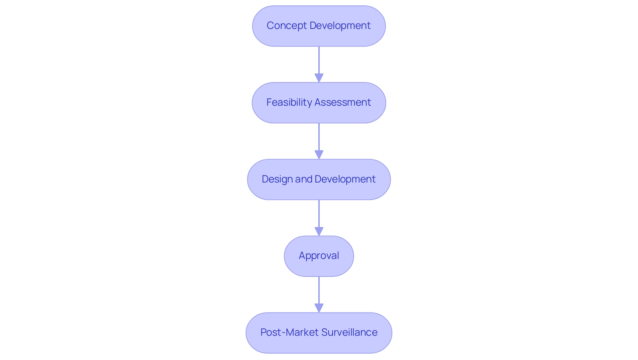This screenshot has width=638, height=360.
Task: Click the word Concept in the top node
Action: click(286, 26)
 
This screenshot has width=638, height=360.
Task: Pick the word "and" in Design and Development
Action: click(303, 179)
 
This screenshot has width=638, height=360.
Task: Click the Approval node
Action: click(319, 256)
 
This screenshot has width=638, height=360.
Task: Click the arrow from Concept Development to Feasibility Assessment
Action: click(319, 61)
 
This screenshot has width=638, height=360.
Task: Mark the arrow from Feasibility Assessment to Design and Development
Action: click(319, 138)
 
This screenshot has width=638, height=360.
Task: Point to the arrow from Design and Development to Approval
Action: click(319, 214)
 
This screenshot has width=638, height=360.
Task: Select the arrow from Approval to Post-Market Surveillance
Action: click(319, 291)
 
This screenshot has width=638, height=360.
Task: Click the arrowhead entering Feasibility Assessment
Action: click(319, 78)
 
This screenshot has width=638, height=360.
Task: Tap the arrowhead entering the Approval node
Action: click(319, 231)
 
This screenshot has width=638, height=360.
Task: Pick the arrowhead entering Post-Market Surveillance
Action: click(319, 308)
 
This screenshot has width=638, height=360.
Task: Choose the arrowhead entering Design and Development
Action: click(319, 155)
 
